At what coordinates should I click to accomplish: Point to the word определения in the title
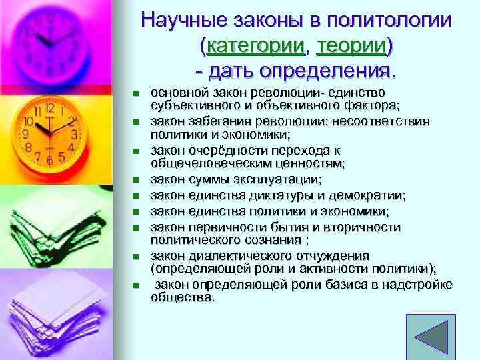[325, 69]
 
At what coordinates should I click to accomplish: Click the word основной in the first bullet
[177, 93]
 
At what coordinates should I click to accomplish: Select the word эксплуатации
[282, 179]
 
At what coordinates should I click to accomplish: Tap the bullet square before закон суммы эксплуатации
[135, 180]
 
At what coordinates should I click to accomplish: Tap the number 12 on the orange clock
[49, 107]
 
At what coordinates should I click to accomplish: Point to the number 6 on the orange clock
[49, 161]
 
